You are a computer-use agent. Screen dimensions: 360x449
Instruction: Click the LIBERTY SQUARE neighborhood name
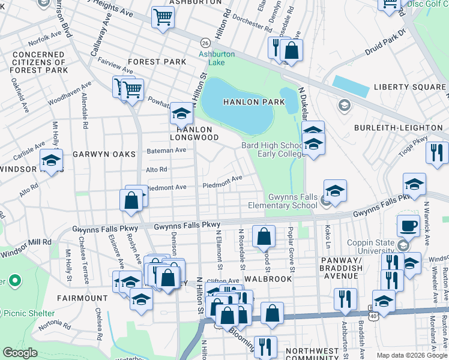tap(408, 87)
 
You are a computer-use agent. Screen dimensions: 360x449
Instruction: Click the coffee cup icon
tap(408, 226)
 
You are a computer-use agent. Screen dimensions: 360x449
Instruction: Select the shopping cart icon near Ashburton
tap(162, 18)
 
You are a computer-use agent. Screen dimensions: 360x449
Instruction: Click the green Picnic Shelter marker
tap(14, 280)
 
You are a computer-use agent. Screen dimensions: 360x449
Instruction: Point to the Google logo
tap(20, 353)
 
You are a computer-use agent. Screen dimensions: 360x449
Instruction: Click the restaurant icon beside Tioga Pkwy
tap(437, 152)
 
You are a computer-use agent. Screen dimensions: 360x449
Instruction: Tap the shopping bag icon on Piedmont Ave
tap(130, 200)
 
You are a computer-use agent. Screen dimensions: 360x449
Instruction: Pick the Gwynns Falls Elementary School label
tap(293, 201)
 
